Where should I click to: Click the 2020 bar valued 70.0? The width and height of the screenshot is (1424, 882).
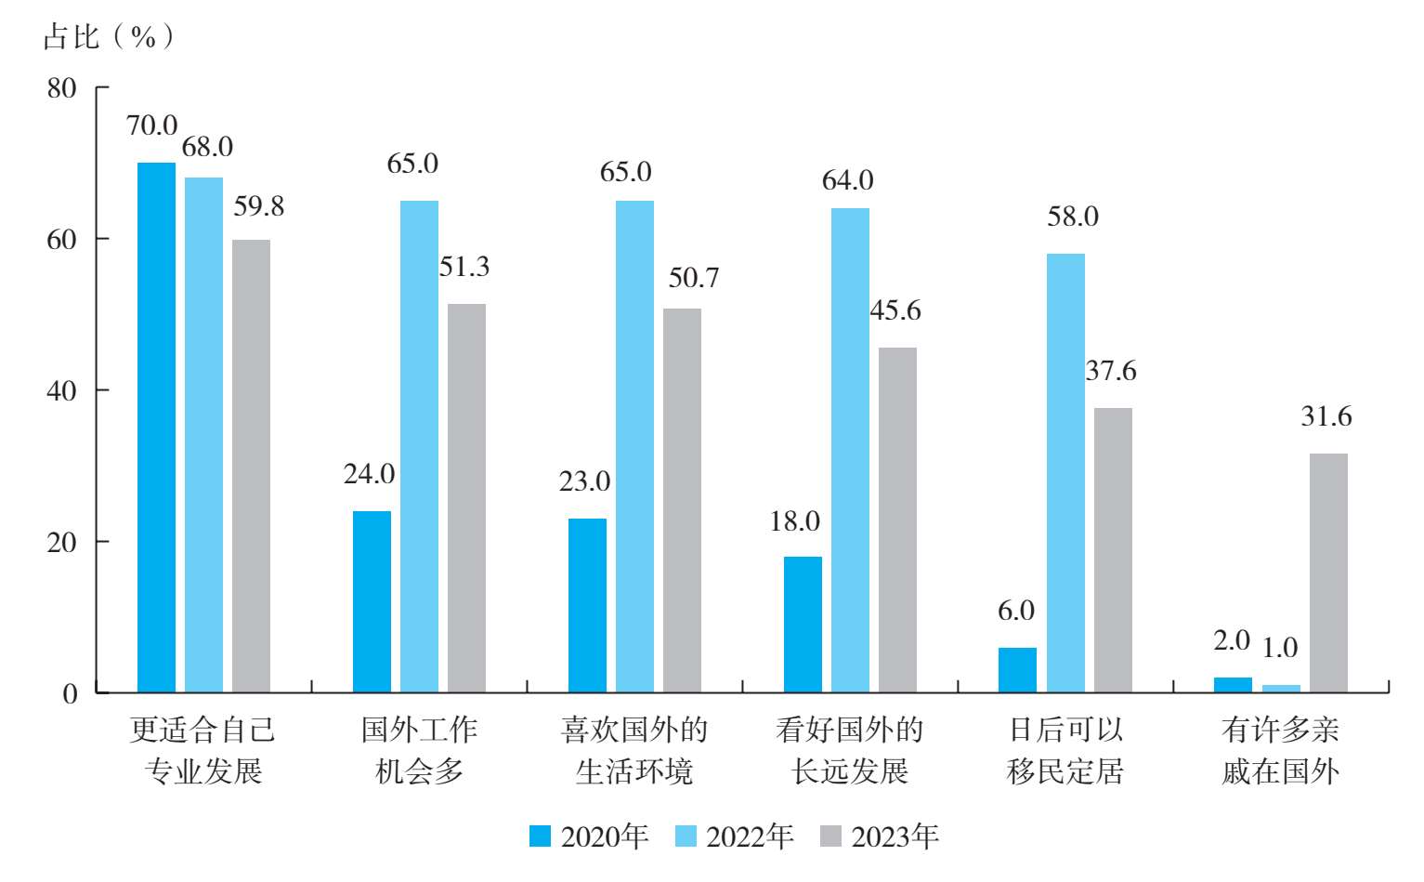[156, 428]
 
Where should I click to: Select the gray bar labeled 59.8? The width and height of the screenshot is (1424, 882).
[251, 466]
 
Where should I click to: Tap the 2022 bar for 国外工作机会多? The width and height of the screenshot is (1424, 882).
[419, 446]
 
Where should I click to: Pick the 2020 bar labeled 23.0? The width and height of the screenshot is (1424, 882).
[587, 605]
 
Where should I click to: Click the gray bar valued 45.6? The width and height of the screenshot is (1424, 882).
[897, 520]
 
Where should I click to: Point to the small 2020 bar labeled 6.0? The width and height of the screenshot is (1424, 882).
[1017, 670]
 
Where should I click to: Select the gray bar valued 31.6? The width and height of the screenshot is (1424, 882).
[1328, 573]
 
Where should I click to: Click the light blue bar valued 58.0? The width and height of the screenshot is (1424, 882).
[1065, 473]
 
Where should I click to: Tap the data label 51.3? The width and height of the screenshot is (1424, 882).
[464, 268]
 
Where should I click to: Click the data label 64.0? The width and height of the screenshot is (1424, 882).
[848, 180]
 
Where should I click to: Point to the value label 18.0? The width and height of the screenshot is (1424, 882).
[795, 521]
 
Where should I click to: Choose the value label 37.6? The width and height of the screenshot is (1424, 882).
[1111, 371]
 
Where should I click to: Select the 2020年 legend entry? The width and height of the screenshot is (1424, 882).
[590, 836]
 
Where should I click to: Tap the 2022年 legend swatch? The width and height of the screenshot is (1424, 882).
[686, 836]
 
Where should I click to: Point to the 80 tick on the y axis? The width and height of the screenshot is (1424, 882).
[62, 88]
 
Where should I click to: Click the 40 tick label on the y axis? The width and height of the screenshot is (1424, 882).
[62, 391]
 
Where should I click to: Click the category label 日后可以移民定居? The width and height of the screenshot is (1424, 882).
[1065, 751]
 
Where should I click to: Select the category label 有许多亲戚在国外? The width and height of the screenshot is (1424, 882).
[1281, 751]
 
